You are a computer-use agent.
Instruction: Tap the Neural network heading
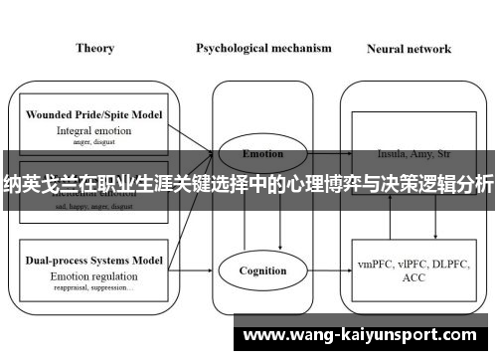point(409,48)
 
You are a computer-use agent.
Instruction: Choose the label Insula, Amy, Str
point(408,154)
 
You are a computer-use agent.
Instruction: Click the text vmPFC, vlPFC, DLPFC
point(409,264)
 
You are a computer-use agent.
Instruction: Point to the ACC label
point(409,278)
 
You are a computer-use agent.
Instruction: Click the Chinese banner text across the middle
point(248,183)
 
